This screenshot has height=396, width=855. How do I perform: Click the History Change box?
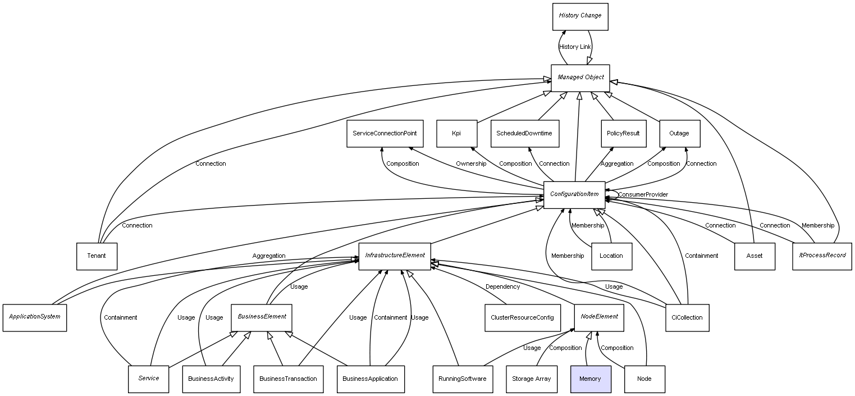pos(580,17)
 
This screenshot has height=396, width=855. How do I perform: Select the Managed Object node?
pos(580,78)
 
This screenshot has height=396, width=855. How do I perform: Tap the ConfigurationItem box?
pos(574,195)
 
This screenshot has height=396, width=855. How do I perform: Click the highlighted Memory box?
pos(591,379)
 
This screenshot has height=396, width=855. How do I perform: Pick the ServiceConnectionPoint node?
pos(385,134)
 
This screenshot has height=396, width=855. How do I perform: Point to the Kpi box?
pos(456,134)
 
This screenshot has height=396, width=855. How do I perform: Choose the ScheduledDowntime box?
pos(524,134)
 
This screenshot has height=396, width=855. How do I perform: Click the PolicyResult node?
pos(623,134)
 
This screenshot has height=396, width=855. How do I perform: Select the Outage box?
pos(679,134)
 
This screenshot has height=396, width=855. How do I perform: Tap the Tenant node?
pos(97,256)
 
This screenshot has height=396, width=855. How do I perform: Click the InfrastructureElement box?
pos(395,256)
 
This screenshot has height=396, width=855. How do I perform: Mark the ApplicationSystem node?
pos(35,318)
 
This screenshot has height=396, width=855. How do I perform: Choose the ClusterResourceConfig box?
pos(523,318)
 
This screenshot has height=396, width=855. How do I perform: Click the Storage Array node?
pos(531,379)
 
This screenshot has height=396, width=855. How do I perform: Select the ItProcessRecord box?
pos(822,256)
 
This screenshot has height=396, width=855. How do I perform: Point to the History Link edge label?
pos(575,47)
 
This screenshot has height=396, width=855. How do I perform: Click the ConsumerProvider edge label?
pos(643,195)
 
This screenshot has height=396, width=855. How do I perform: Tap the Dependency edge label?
pos(502,287)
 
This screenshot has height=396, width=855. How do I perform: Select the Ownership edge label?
pos(471,164)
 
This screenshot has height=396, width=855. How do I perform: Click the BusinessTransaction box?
pos(288,379)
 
